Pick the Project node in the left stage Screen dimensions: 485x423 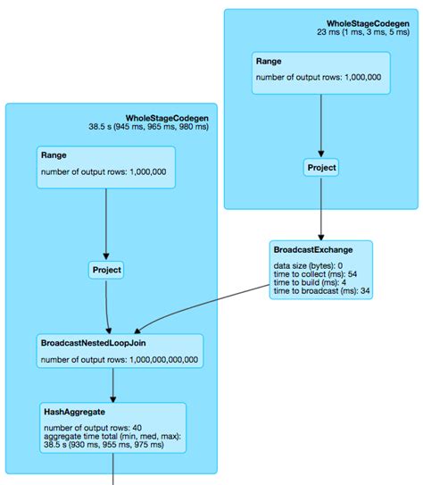point(106,269)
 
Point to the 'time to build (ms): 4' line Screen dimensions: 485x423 point(308,282)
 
